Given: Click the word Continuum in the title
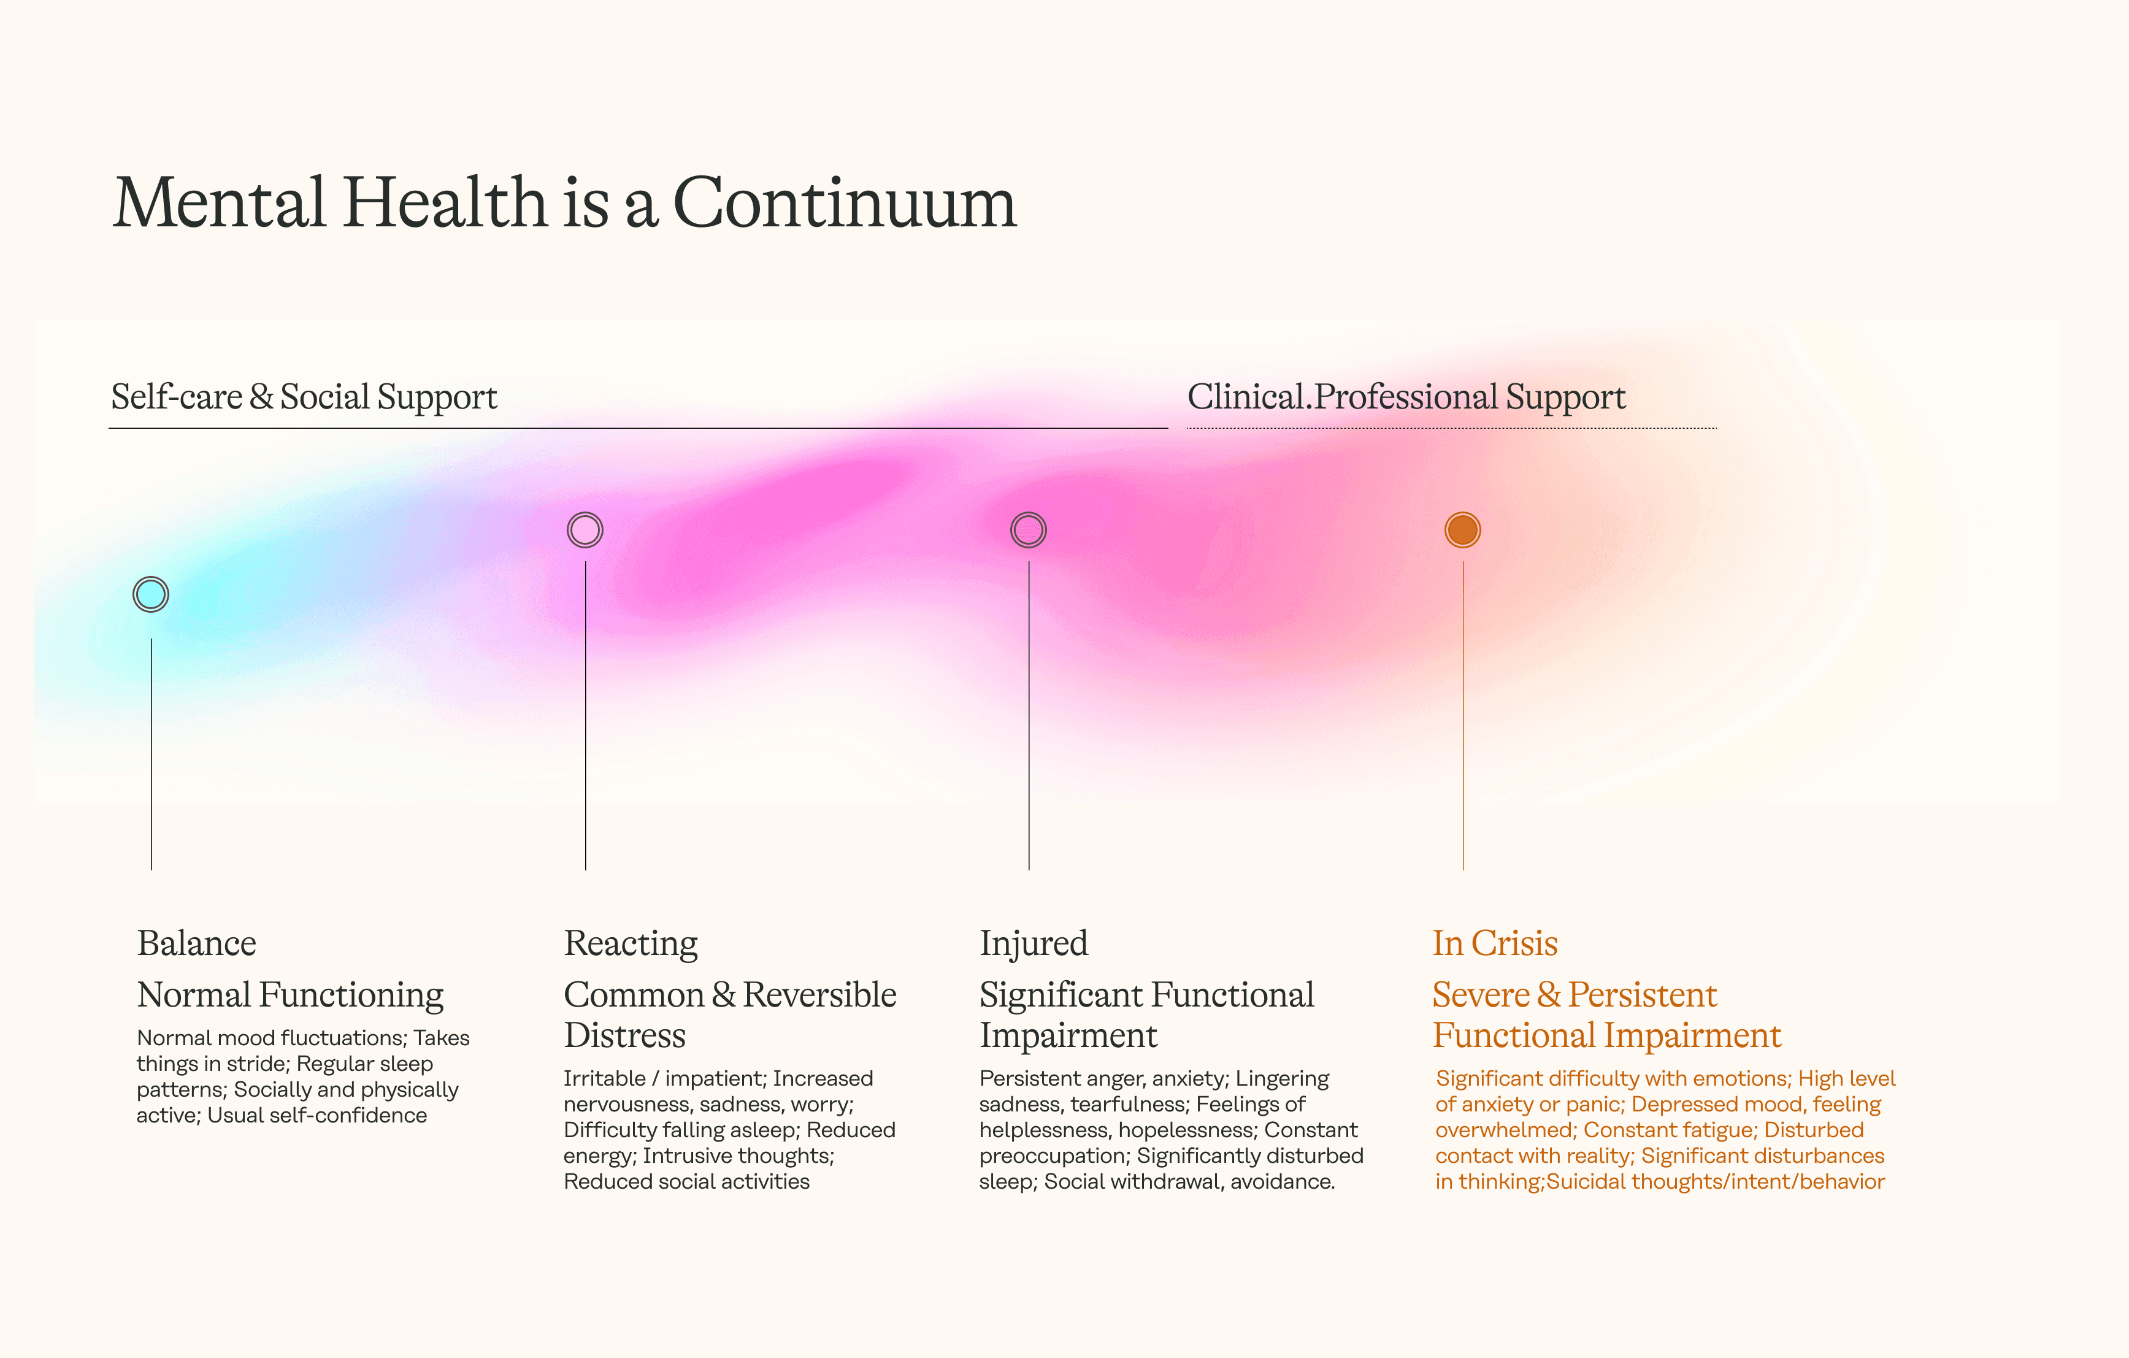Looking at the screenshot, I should [x=845, y=204].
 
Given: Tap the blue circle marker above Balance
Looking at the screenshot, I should [x=151, y=594].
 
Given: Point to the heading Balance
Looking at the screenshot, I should [x=196, y=943].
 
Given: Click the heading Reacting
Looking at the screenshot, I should [x=631, y=943].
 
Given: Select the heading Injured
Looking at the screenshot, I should [x=1034, y=943].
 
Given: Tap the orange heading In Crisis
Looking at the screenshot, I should [x=1494, y=943].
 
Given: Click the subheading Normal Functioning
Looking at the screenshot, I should [x=290, y=995].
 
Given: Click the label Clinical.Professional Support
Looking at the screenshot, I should [x=1406, y=397].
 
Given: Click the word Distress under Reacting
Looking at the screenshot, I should [x=624, y=1035].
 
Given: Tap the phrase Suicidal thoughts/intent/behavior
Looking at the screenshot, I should [x=1715, y=1182].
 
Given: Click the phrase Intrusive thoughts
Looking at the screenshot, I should [x=737, y=1156].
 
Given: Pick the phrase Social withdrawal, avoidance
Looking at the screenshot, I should [x=1189, y=1182].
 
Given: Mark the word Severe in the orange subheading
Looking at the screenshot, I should [x=1481, y=995].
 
